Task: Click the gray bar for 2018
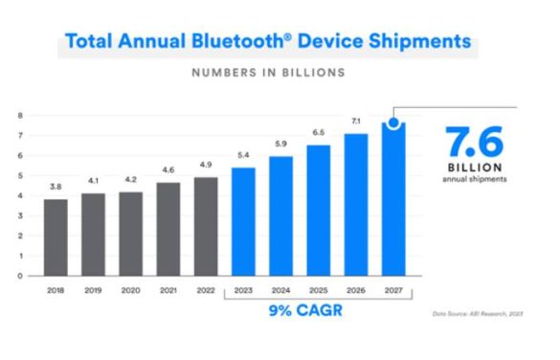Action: click(x=56, y=236)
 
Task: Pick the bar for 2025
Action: click(x=320, y=210)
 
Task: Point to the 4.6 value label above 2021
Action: click(x=168, y=169)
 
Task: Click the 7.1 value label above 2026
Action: click(x=357, y=122)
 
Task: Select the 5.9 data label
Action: click(x=281, y=144)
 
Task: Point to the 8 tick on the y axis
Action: click(x=21, y=115)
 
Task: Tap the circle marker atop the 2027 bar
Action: click(x=393, y=123)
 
